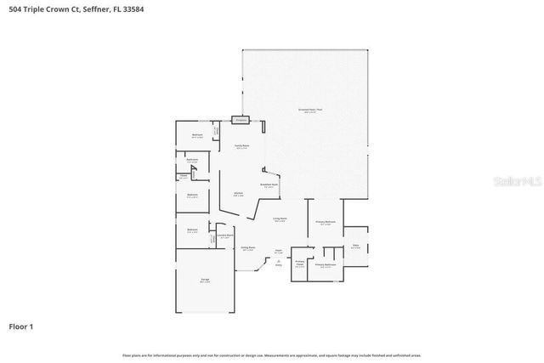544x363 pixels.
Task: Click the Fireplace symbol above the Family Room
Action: click(242, 120)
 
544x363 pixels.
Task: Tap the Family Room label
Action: click(242, 146)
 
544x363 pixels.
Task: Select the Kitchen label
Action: click(239, 194)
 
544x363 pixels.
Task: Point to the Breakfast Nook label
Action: click(269, 184)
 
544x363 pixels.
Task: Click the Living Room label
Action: click(280, 218)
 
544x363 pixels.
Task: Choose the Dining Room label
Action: click(247, 247)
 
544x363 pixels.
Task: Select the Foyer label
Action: click(278, 251)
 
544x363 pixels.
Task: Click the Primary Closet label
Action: click(300, 264)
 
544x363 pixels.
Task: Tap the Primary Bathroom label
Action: click(326, 265)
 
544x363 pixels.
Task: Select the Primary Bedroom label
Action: click(326, 223)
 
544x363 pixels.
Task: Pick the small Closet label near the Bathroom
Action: click(184, 177)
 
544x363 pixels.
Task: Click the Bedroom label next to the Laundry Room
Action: click(192, 230)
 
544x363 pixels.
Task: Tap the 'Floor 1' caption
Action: click(20, 326)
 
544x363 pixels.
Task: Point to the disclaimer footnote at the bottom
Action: click(271, 355)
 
